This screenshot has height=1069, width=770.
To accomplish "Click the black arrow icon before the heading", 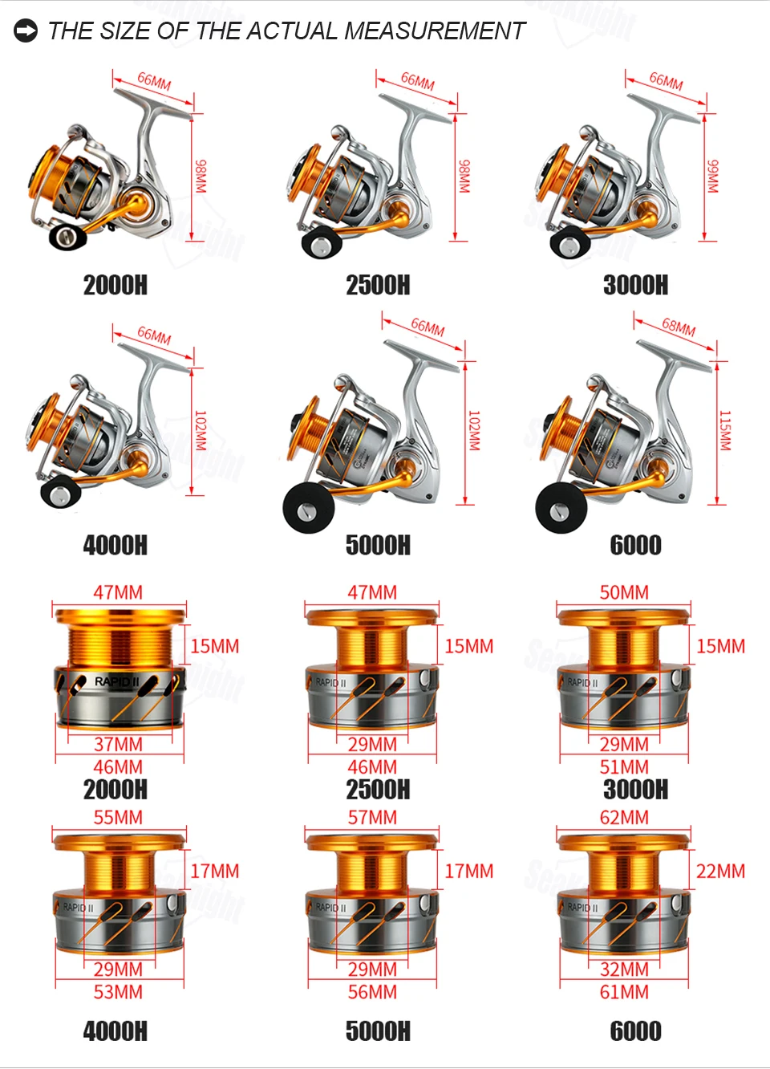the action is (x=26, y=30).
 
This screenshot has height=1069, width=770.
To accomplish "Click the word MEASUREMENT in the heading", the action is (x=434, y=31).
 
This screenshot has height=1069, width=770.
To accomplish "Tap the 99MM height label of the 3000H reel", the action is (x=711, y=176).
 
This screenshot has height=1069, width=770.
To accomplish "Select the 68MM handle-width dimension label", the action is (x=678, y=327).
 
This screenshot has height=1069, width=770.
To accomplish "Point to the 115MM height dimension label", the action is (x=724, y=430).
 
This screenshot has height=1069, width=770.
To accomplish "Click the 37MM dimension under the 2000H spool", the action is (x=119, y=744).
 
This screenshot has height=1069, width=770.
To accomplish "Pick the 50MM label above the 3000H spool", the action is (x=624, y=592).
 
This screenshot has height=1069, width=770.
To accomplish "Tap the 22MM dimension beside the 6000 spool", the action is (x=720, y=871).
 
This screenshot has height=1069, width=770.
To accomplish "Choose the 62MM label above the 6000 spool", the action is (x=624, y=818).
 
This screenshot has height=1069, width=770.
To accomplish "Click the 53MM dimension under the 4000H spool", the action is (x=119, y=992).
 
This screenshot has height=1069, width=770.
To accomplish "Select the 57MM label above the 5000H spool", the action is (x=372, y=818).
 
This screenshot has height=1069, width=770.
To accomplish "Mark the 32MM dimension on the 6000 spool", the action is (x=624, y=969).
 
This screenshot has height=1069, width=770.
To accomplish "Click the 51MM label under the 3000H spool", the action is (x=624, y=767).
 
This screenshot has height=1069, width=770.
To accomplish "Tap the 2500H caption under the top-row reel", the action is (x=378, y=285).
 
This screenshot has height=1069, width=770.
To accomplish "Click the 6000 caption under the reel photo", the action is (x=635, y=545).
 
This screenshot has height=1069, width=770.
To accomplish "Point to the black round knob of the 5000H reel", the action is (x=309, y=509).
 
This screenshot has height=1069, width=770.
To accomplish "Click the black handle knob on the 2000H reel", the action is (x=68, y=235).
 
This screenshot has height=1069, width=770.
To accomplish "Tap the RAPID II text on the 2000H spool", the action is (x=116, y=681).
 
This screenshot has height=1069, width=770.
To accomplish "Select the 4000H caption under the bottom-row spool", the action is (x=115, y=1031).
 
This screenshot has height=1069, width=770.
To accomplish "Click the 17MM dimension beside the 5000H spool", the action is (x=469, y=871).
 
